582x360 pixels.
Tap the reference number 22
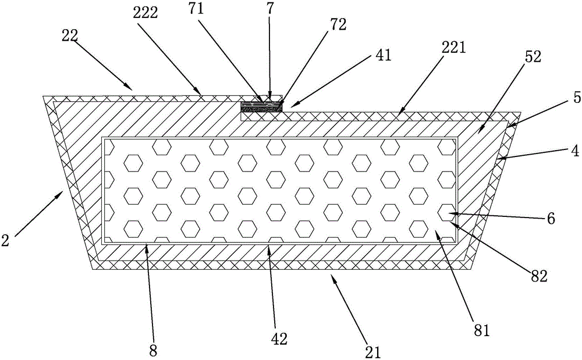click(x=69, y=35)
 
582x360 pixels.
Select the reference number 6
click(x=551, y=219)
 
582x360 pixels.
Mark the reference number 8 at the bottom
click(x=153, y=350)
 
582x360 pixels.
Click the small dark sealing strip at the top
click(x=262, y=106)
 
